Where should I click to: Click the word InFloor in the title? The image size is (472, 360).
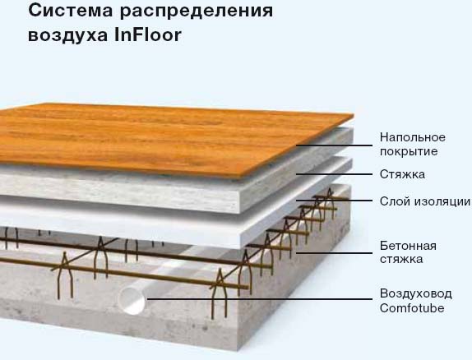click(x=148, y=35)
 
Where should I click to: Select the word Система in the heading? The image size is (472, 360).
click(x=71, y=11)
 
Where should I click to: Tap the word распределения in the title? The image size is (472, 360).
click(x=197, y=12)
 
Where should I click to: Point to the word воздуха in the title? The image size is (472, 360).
click(x=67, y=36)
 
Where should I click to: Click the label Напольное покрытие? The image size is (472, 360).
click(x=413, y=144)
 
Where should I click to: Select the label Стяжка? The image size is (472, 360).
click(x=402, y=174)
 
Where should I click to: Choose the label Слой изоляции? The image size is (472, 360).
click(x=425, y=201)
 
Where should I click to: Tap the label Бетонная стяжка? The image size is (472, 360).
click(x=408, y=252)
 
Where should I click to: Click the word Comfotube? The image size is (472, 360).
click(x=412, y=308)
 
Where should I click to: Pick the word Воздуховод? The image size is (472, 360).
click(x=416, y=293)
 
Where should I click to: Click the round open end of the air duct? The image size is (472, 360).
click(x=132, y=300)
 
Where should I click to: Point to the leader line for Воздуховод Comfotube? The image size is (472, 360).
click(x=260, y=299)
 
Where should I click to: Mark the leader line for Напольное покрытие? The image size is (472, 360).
click(x=334, y=145)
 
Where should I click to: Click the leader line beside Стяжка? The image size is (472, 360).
click(x=334, y=174)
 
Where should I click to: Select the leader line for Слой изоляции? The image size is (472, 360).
click(x=334, y=201)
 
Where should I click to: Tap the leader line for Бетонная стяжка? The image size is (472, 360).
click(x=334, y=253)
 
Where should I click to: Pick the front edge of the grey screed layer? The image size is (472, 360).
click(x=120, y=192)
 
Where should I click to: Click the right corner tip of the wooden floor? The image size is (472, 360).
click(x=354, y=115)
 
